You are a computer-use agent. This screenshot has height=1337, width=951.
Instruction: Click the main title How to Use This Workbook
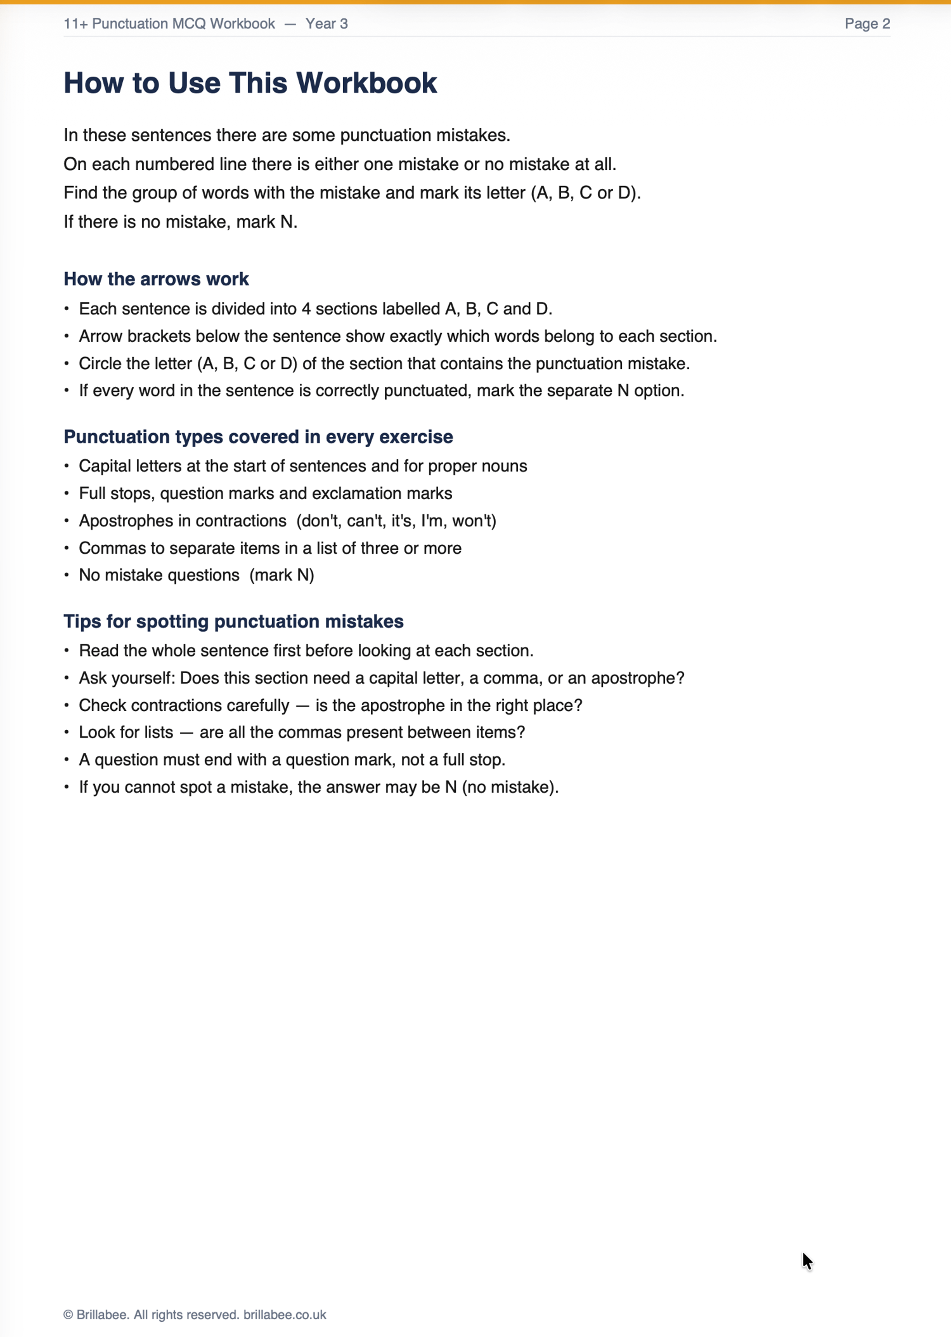pos(250,83)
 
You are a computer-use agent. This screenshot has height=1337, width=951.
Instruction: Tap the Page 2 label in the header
pos(867,24)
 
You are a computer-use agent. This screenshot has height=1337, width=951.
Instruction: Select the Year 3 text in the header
pos(326,24)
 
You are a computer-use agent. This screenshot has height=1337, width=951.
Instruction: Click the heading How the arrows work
pos(156,279)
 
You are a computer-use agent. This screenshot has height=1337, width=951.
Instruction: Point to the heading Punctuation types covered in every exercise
pos(258,437)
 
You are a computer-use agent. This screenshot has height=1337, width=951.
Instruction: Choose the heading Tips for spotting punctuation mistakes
pos(233,622)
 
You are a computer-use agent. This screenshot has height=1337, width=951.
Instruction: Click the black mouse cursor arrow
pos(806,1261)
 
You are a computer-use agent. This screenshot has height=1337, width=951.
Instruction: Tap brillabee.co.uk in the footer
pos(285,1315)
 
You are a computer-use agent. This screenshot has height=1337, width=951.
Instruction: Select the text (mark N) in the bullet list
pos(281,575)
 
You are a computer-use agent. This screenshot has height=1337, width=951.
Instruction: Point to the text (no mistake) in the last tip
pos(510,788)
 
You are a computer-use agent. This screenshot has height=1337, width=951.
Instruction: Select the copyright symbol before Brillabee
pos(68,1315)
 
